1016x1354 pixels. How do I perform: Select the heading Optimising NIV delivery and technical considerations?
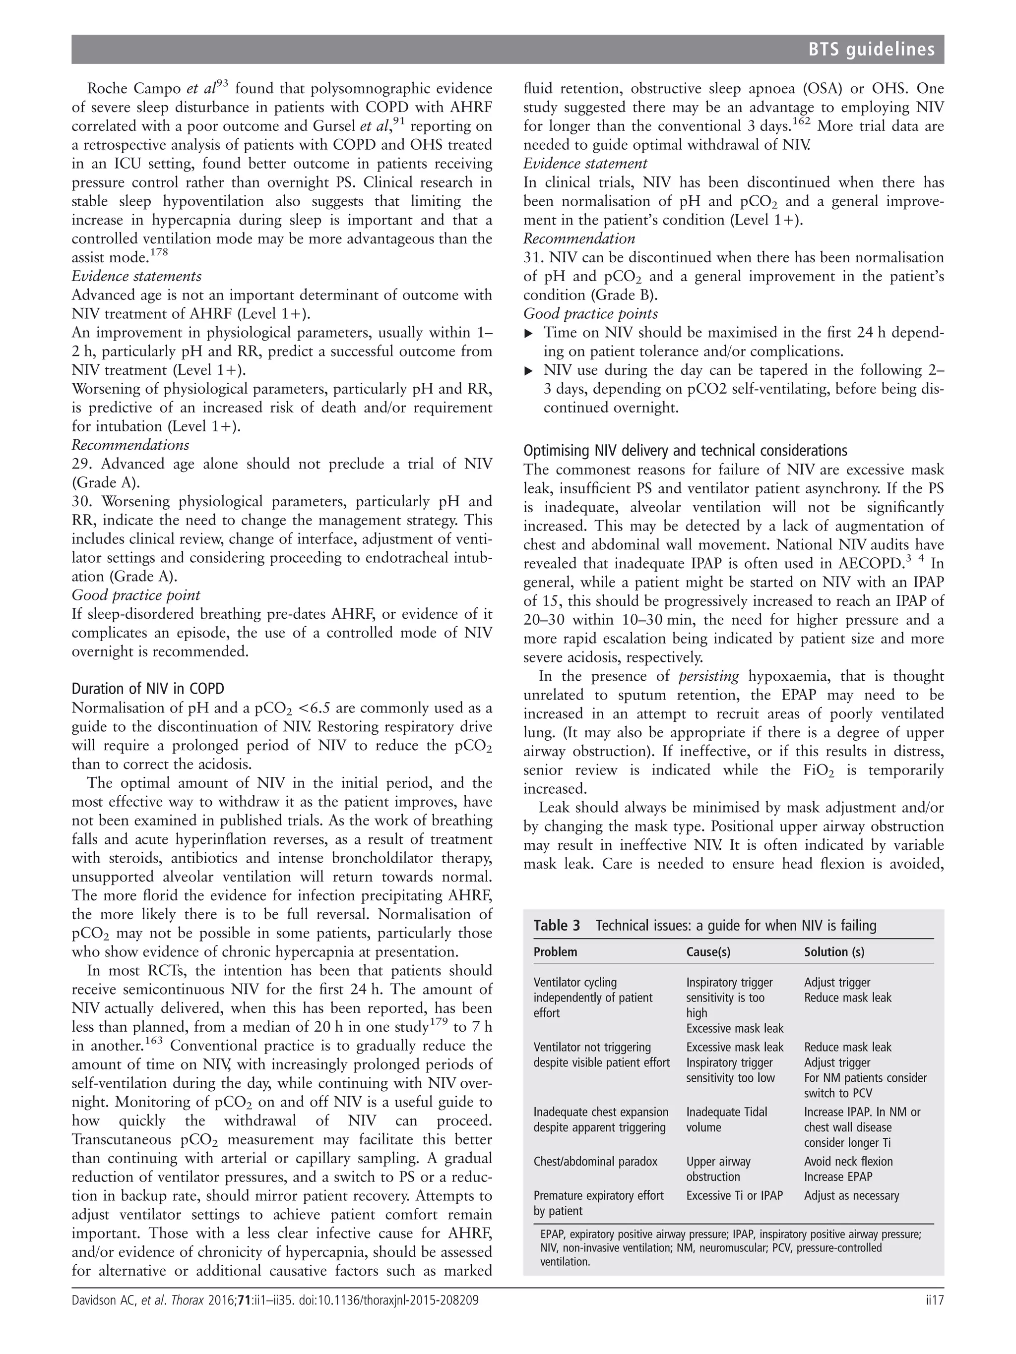tap(685, 451)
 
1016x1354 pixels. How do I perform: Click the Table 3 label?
tap(556, 926)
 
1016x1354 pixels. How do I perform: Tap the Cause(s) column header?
tap(708, 952)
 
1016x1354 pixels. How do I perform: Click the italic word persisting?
tap(708, 676)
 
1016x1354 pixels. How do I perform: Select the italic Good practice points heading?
tap(590, 314)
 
